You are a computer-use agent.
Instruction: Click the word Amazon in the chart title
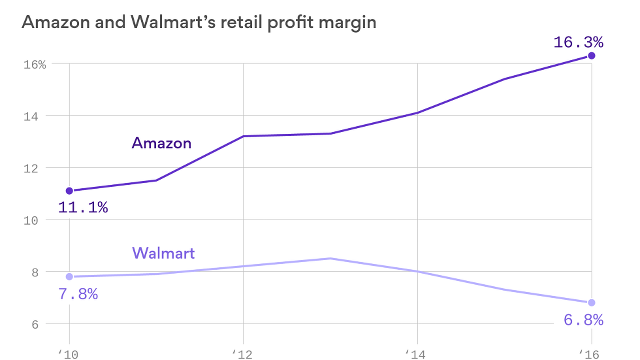56,23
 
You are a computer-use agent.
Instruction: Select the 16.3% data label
578,42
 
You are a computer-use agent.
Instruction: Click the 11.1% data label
83,207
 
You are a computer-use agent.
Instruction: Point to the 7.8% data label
78,294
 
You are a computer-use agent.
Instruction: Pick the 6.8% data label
583,320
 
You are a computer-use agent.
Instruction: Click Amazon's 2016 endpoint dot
592,56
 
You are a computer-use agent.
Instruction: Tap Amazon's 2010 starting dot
69,191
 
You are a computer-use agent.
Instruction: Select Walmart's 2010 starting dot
69,277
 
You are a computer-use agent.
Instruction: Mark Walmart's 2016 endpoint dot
592,303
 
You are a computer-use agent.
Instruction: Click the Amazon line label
161,143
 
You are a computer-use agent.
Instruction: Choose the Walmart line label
163,253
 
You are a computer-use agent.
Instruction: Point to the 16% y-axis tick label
35,65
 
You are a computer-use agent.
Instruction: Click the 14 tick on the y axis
31,117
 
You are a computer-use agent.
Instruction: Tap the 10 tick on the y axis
31,221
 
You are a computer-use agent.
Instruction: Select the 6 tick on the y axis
35,325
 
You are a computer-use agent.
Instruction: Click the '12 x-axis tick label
242,354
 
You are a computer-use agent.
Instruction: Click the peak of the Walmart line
330,258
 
